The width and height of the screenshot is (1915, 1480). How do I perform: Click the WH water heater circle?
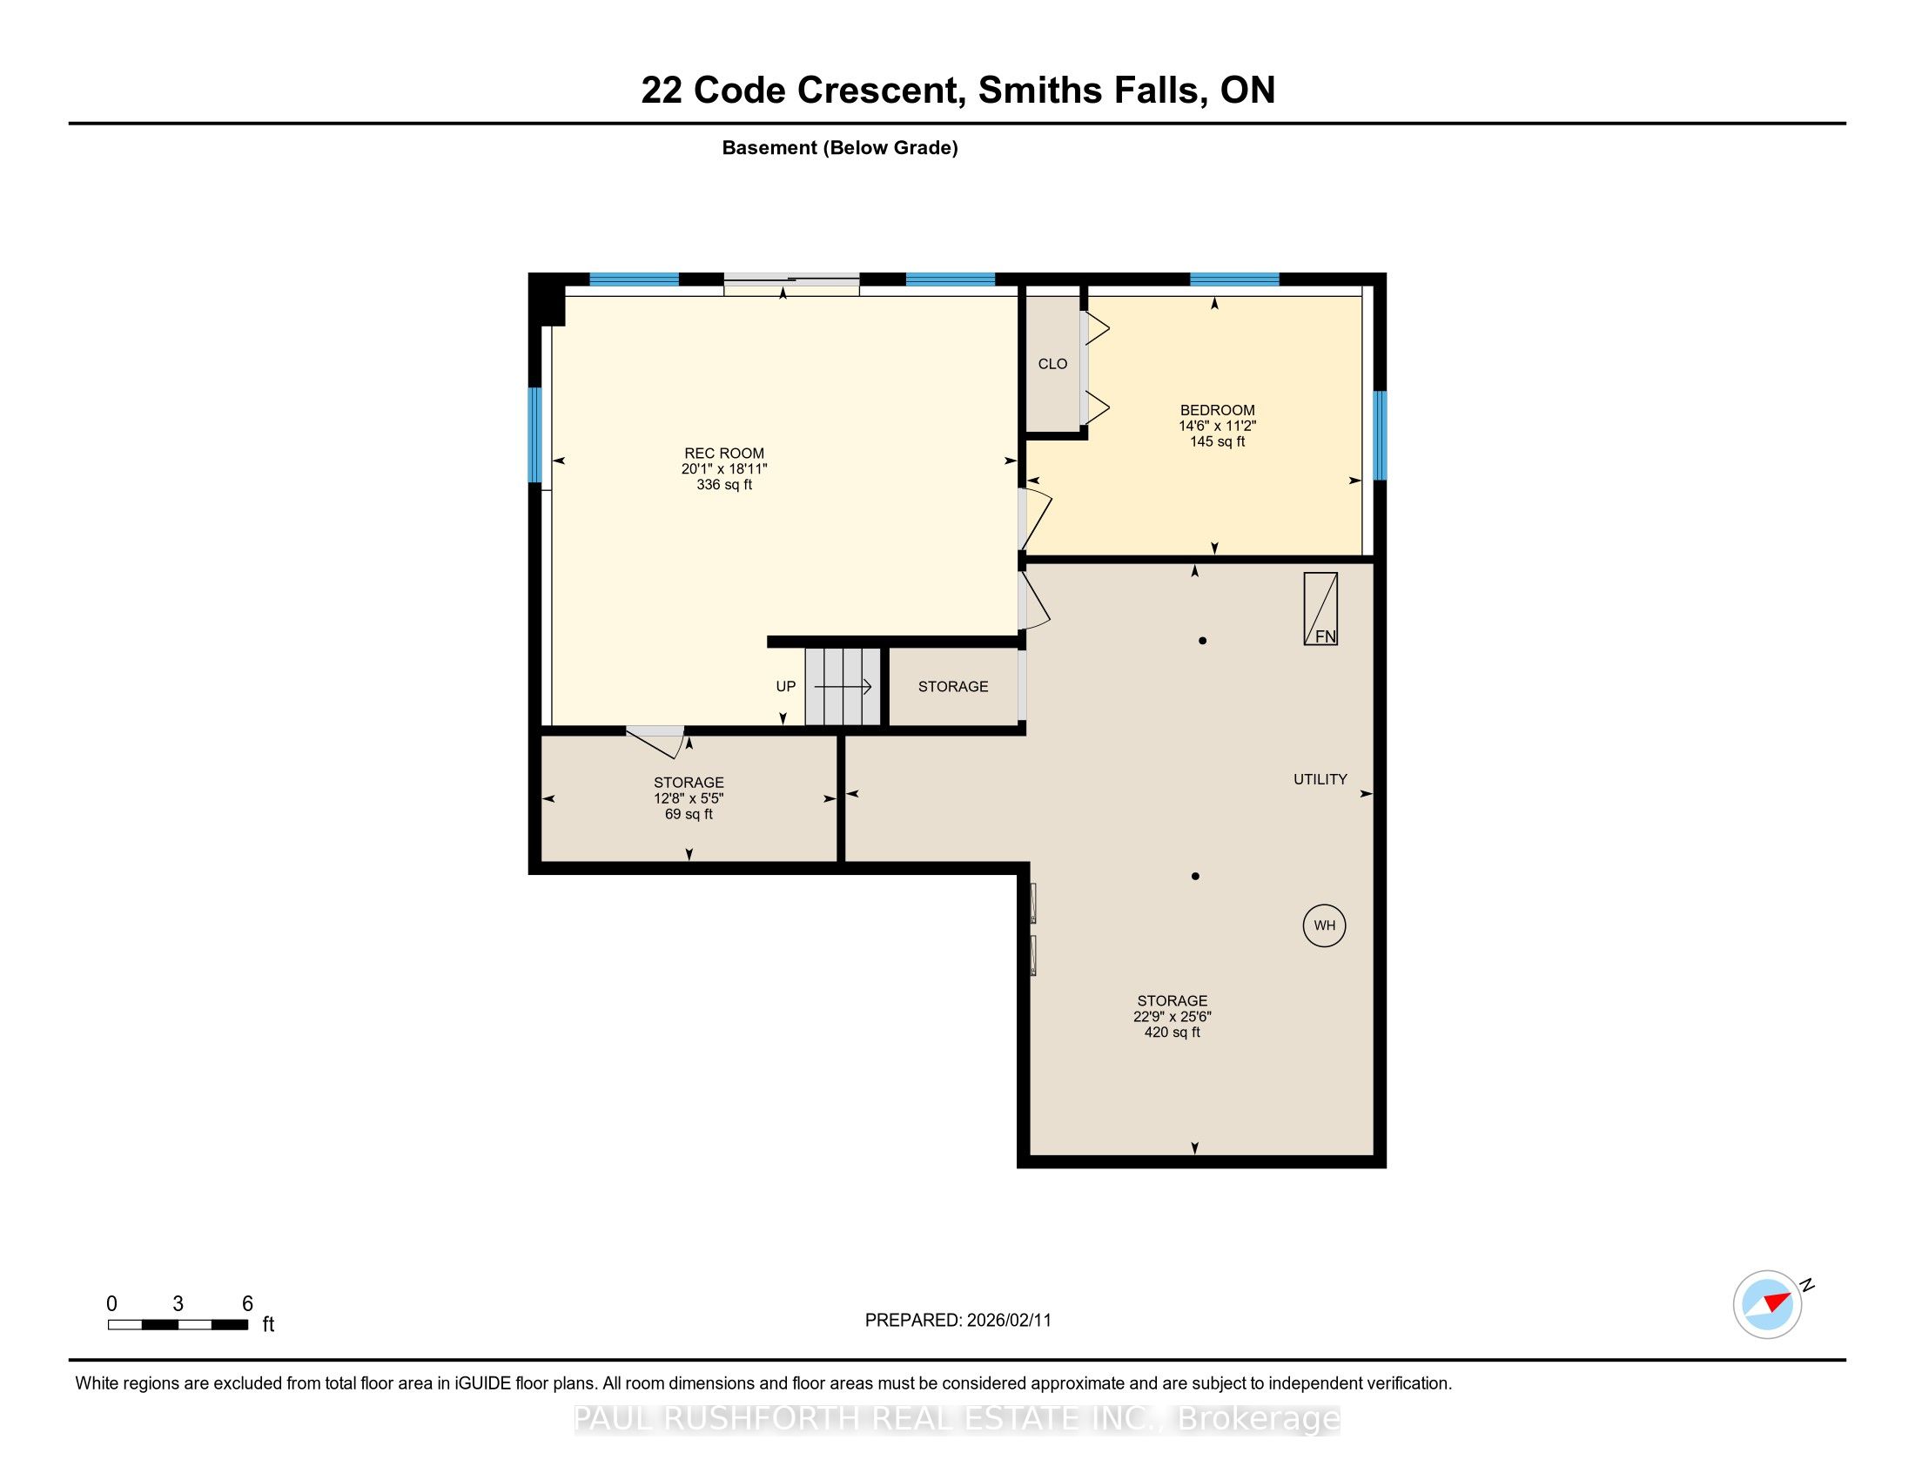1324,926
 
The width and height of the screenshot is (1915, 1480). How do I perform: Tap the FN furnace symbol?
1320,609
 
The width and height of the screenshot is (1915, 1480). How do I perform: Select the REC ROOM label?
724,454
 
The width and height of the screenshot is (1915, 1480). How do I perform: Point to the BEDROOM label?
1217,410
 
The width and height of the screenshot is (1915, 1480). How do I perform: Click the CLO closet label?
1052,364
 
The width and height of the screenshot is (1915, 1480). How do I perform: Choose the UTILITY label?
1320,779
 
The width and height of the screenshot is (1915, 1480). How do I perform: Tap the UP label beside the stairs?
786,687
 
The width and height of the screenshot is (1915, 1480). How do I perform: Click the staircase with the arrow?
843,687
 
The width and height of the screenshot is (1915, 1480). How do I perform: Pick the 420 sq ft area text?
1173,1033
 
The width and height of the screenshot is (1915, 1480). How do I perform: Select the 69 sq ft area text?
689,815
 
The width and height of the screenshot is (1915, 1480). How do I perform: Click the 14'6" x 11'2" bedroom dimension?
1217,426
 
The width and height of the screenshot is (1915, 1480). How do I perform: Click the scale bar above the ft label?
178,1324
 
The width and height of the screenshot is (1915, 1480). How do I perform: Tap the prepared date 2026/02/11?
1008,1321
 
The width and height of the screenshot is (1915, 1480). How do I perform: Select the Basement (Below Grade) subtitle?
840,148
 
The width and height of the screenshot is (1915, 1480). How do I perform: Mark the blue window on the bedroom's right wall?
1380,436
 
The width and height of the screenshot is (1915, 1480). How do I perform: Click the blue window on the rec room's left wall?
534,435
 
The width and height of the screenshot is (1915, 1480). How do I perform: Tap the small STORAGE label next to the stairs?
953,687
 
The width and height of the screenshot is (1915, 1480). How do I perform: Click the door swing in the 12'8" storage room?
656,742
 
